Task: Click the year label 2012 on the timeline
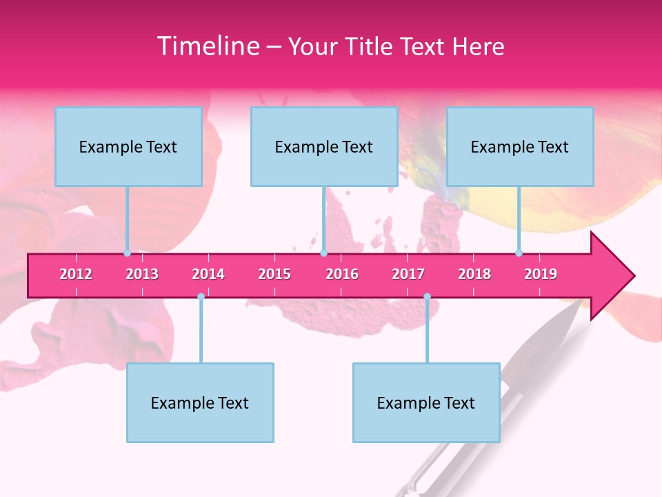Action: pos(76,274)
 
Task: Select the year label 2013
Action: pos(142,274)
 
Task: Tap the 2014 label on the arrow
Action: pos(208,274)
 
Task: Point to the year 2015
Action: pos(274,274)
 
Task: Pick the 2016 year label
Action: pos(342,274)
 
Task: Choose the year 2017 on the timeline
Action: pos(408,274)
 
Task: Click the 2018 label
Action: pos(474,274)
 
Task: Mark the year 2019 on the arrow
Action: pos(541,274)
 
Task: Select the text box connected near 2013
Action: pos(128,147)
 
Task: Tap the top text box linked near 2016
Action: pos(324,147)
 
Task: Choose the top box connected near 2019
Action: pos(520,147)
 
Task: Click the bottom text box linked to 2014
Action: pos(200,402)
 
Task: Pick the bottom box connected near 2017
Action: pos(426,402)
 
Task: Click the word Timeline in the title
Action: pos(207,46)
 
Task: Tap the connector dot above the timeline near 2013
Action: pos(128,253)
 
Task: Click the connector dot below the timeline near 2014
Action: pos(201,296)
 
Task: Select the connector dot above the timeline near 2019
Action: pos(519,253)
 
